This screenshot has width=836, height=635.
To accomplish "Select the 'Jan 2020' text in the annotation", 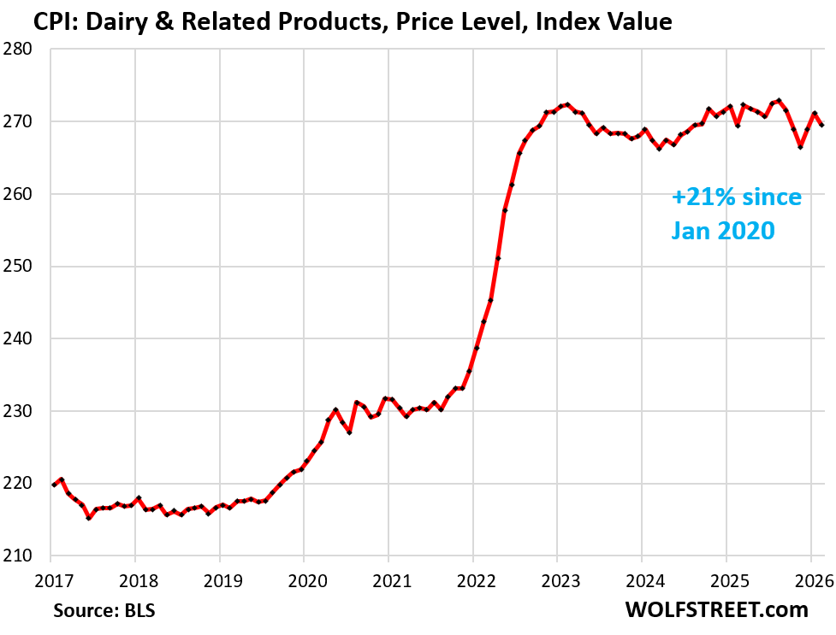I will pyautogui.click(x=723, y=230).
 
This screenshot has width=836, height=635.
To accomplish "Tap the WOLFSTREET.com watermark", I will pyautogui.click(x=715, y=609).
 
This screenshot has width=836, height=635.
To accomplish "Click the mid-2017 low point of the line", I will pyautogui.click(x=88, y=518).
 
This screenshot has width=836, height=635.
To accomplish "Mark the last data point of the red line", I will pyautogui.click(x=822, y=125).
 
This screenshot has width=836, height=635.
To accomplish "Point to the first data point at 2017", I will pyautogui.click(x=53, y=485).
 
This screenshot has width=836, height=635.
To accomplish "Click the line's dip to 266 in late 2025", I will pyautogui.click(x=800, y=147).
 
